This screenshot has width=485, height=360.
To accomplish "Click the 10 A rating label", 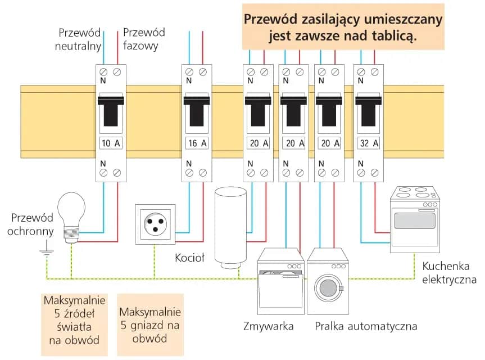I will click(110, 143).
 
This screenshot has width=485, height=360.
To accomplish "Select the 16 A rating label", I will click(197, 143).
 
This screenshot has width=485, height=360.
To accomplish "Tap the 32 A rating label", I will click(369, 143).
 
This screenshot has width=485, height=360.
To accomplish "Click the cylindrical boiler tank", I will click(230, 225).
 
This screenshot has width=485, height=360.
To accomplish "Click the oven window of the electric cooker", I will click(415, 220).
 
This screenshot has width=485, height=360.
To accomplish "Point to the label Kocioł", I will click(189, 258).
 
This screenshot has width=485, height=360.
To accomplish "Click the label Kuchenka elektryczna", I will click(449, 273).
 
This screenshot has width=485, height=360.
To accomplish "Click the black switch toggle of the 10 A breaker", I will click(110, 111).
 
